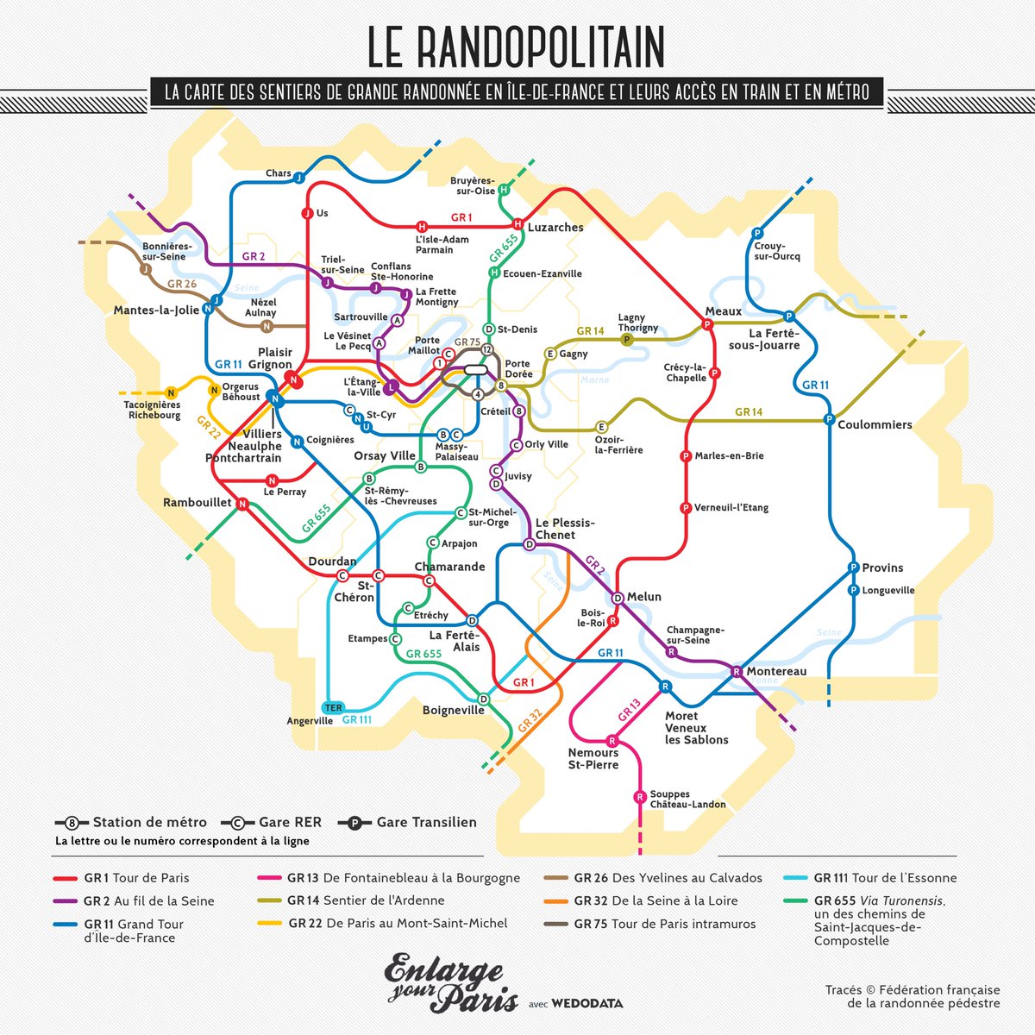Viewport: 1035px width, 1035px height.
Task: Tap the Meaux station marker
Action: coord(707,325)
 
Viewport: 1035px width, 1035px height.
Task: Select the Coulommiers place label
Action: coord(875,424)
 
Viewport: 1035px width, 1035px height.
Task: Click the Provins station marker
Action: coord(853,568)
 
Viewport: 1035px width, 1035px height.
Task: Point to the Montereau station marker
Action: coord(737,671)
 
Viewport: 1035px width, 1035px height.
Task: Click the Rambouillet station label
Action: coord(198,502)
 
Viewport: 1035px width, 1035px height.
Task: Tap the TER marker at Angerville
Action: coord(333,707)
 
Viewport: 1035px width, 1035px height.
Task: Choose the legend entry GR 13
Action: coord(389,878)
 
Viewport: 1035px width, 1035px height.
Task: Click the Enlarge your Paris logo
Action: coord(450,982)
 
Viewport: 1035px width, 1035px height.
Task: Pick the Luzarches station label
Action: coord(555,228)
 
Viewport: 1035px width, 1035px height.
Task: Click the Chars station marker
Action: coord(299,178)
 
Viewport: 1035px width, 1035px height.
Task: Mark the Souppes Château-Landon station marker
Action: coord(640,797)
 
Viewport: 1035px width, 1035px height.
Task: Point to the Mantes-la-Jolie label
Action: coord(156,310)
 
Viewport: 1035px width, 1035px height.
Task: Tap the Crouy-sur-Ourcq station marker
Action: coord(756,233)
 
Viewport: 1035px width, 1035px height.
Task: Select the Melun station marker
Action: coord(618,598)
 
